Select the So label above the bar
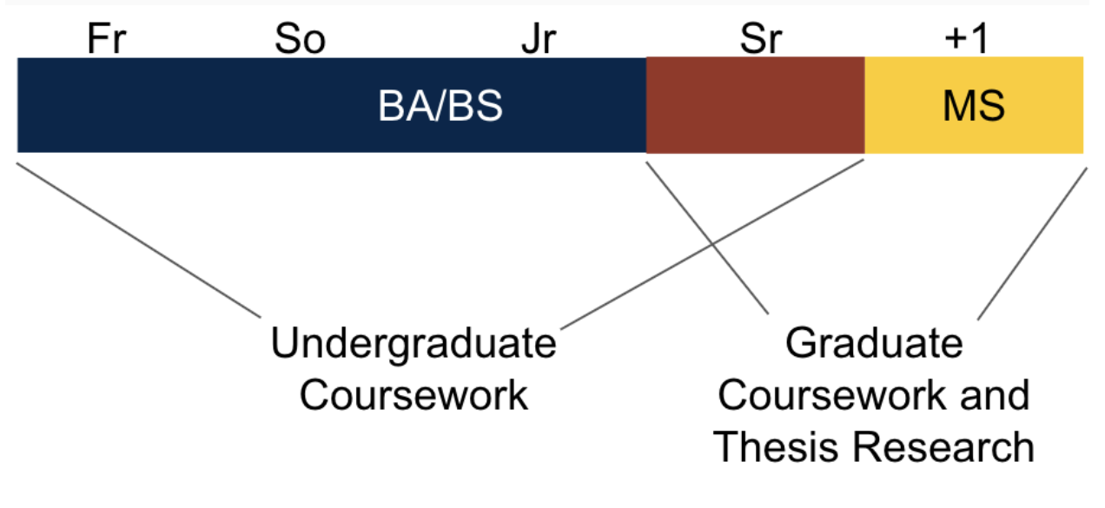coord(300,40)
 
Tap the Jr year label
coord(538,40)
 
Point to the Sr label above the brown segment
coord(761,40)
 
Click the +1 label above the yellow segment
coord(966,40)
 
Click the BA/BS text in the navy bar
coord(440,107)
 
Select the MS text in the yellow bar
coord(974,107)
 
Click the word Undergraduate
coord(414,344)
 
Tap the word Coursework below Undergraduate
coord(414,396)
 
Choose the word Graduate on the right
coord(874,344)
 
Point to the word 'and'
coord(993,396)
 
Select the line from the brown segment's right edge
coord(712,243)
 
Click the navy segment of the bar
coord(217,105)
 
